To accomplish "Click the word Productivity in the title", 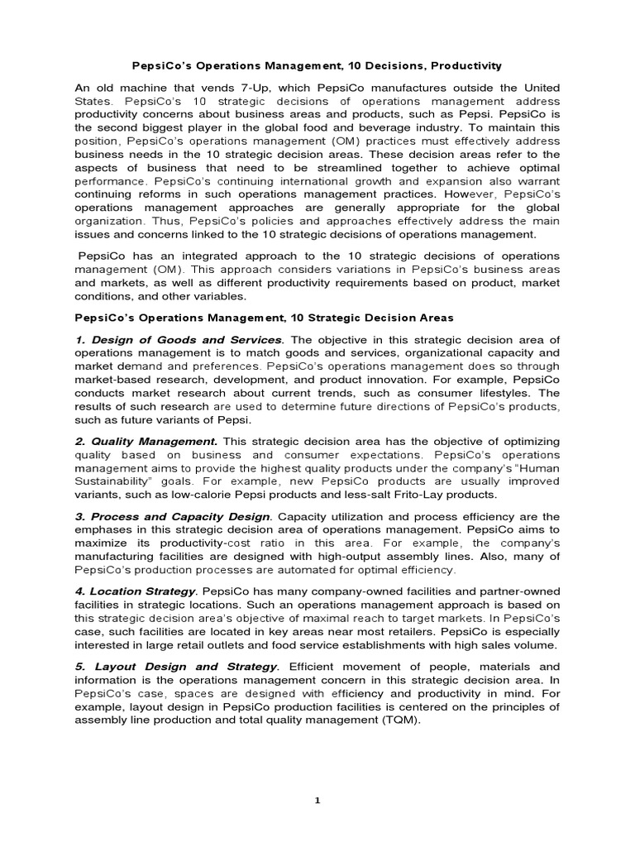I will tap(461, 65).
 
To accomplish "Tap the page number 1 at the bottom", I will tap(317, 800).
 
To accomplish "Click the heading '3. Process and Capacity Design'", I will tap(172, 517).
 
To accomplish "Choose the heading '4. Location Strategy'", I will tap(136, 591).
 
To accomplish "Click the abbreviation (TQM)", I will tap(397, 719).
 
